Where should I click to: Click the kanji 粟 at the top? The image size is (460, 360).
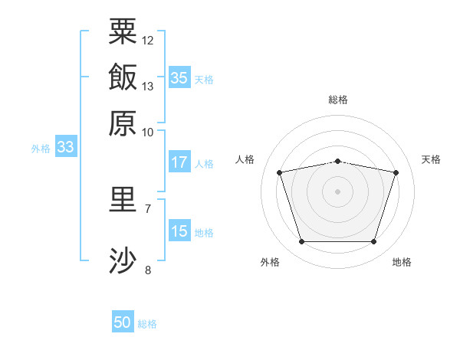tap(123, 31)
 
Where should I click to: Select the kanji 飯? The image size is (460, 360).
tap(123, 77)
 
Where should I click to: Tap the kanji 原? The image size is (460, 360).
tap(123, 123)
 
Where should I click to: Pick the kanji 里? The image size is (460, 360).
tap(123, 199)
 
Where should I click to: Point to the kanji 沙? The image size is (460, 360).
tap(123, 260)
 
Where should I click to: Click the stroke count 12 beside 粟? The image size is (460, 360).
tap(147, 41)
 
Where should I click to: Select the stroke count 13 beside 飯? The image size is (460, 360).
tap(147, 87)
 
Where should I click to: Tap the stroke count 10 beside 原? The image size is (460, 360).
tap(147, 133)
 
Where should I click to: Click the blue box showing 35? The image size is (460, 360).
tap(179, 77)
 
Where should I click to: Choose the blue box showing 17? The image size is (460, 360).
tap(179, 162)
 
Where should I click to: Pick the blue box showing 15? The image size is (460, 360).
tap(179, 230)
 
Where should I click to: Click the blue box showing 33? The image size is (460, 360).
tap(66, 146)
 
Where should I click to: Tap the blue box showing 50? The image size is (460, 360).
tap(123, 321)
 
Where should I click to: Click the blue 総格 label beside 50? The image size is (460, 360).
tap(147, 324)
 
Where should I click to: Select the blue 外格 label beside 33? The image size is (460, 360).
tap(41, 149)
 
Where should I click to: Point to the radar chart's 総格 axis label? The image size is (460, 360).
tap(338, 100)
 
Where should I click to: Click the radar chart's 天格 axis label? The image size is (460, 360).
tap(431, 159)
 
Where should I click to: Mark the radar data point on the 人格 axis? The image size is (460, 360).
tap(280, 172)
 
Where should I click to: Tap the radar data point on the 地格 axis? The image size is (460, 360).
tap(374, 242)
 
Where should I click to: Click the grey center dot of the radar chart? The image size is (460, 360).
tap(337, 191)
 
